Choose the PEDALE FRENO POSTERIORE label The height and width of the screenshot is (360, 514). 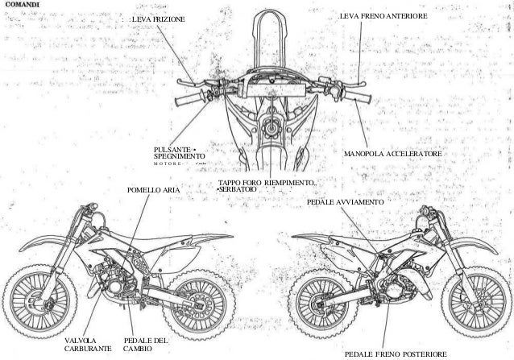[x=395, y=353]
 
